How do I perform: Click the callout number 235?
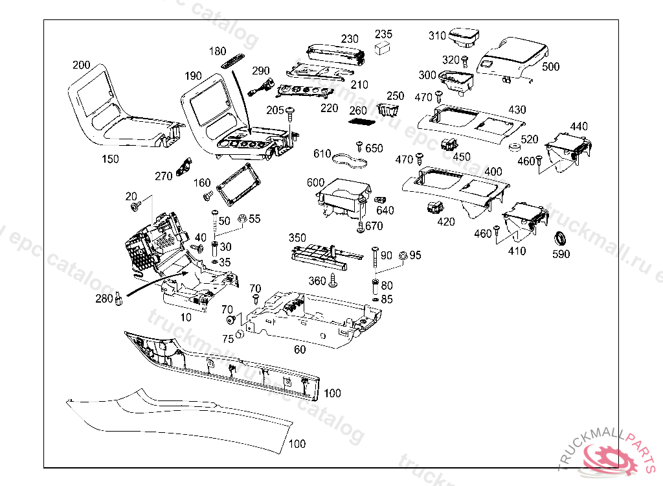[384, 34]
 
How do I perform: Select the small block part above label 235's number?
[384, 47]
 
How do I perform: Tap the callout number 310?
[438, 36]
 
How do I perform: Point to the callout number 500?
[551, 67]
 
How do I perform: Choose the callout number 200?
[82, 65]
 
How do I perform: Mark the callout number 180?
[218, 51]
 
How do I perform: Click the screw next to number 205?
[290, 113]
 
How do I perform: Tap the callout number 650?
[374, 148]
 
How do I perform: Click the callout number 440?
[579, 126]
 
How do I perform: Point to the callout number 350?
[297, 238]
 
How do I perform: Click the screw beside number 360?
[334, 280]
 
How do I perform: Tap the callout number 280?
[104, 299]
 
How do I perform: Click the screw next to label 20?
[136, 206]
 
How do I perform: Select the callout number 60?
[300, 350]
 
